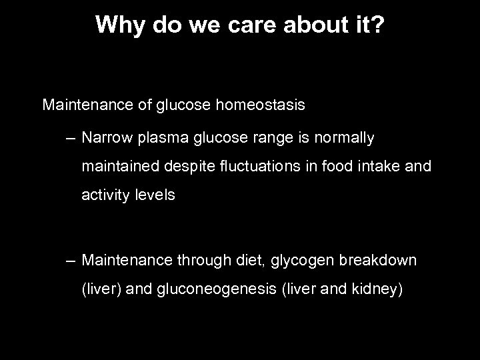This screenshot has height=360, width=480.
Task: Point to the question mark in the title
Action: pos(377,25)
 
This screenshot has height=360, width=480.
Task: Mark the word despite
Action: pos(182,167)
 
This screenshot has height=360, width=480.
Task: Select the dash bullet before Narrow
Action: pos(71,138)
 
